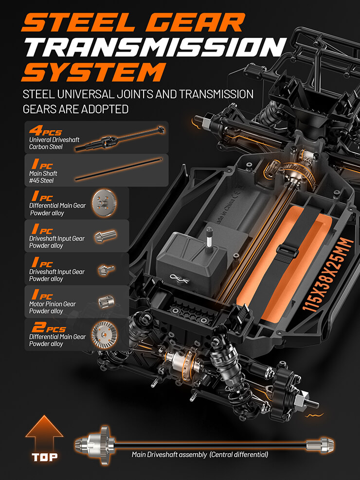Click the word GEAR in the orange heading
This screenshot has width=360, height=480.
pyautogui.click(x=195, y=22)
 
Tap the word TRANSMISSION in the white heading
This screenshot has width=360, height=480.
pyautogui.click(x=156, y=47)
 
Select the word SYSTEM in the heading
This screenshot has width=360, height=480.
pyautogui.click(x=94, y=72)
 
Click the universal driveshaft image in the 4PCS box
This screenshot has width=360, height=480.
pyautogui.click(x=120, y=139)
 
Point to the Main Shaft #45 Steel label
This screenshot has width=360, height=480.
pyautogui.click(x=43, y=177)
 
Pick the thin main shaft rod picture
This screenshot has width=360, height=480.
pyautogui.click(x=119, y=169)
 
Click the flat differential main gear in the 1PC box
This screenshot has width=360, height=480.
pyautogui.click(x=105, y=203)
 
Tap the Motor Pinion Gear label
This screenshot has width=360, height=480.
pyautogui.click(x=53, y=307)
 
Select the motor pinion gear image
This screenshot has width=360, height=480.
pyautogui.click(x=107, y=302)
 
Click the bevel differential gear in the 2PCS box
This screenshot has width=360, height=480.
pyautogui.click(x=105, y=335)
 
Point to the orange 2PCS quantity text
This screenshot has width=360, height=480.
pyautogui.click(x=49, y=327)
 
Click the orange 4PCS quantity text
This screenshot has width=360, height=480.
pyautogui.click(x=45, y=131)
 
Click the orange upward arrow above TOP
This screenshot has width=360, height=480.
pyautogui.click(x=44, y=432)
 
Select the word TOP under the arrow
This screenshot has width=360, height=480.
pyautogui.click(x=45, y=457)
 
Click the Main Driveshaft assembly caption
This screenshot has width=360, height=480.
pyautogui.click(x=200, y=455)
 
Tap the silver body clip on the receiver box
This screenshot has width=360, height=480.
pyautogui.click(x=179, y=278)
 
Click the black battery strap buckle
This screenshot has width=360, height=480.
pyautogui.click(x=287, y=251)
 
